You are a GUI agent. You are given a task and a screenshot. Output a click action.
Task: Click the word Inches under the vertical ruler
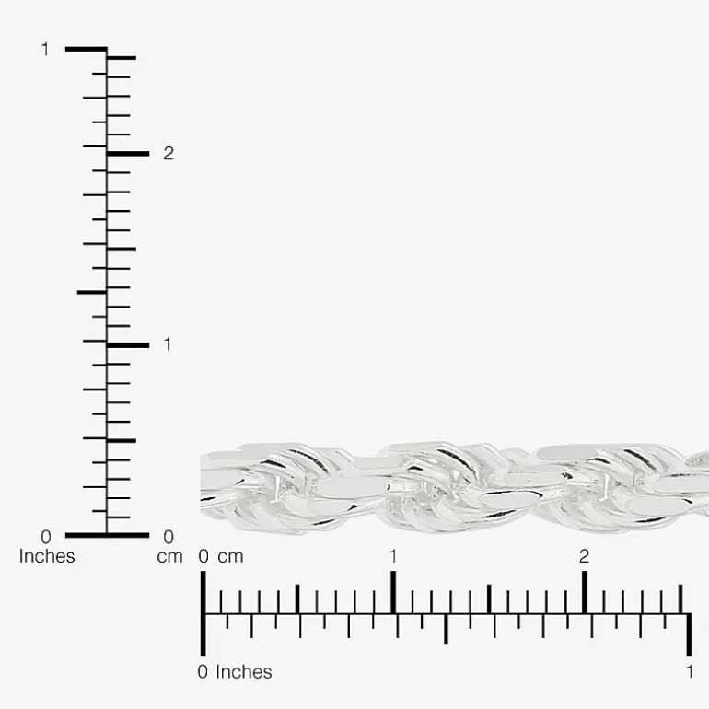pyautogui.click(x=47, y=556)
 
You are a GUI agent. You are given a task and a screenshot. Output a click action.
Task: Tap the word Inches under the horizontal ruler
pyautogui.click(x=244, y=672)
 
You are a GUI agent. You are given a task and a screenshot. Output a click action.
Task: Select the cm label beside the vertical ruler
pyautogui.click(x=169, y=557)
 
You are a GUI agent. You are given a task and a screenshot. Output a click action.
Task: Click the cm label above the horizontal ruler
pyautogui.click(x=230, y=557)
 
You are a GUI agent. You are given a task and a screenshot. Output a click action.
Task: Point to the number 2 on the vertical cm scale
pyautogui.click(x=169, y=154)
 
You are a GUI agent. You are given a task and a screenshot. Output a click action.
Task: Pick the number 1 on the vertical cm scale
pyautogui.click(x=168, y=344)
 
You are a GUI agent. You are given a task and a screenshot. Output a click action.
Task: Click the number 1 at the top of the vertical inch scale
pyautogui.click(x=45, y=50)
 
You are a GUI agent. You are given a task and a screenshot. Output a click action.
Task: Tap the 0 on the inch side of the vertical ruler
pyautogui.click(x=46, y=537)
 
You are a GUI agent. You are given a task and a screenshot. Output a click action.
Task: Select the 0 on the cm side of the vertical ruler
pyautogui.click(x=169, y=537)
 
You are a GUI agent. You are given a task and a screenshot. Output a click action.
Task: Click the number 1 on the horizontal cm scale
pyautogui.click(x=393, y=556)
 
